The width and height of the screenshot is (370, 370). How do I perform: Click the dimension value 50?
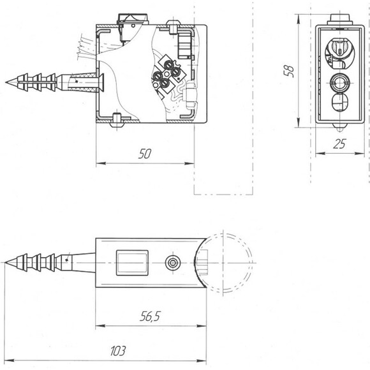click(145, 154)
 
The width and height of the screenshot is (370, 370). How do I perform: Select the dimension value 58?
click(289, 71)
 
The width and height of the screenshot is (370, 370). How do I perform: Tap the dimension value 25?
click(339, 144)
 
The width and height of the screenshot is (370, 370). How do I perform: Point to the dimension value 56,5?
click(150, 316)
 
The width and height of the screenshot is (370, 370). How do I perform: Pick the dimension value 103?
click(118, 351)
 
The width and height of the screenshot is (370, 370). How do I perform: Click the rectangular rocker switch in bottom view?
click(132, 263)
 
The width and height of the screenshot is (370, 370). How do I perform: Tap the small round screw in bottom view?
click(173, 263)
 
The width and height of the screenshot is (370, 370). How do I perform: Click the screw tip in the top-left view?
click(6, 82)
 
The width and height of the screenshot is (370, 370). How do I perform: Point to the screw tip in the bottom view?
click(6, 263)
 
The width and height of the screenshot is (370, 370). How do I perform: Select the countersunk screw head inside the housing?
click(100, 82)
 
